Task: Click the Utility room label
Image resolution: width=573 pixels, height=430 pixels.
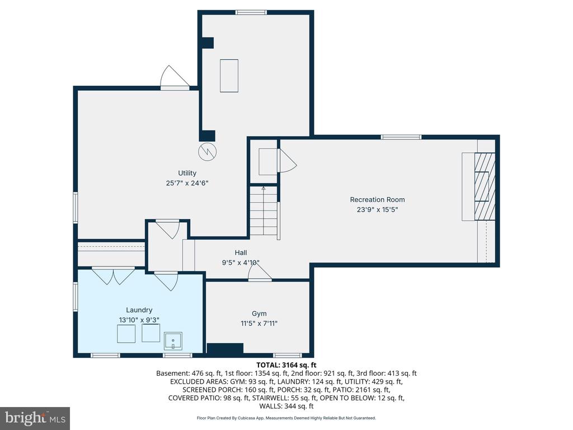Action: tap(187, 173)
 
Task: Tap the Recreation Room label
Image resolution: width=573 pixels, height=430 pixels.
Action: tap(377, 200)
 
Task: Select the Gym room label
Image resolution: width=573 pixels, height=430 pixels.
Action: tap(259, 314)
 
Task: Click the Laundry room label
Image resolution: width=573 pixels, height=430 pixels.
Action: tap(139, 310)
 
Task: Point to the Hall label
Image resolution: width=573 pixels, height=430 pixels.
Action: tap(241, 253)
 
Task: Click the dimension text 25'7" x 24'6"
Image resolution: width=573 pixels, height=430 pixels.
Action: tap(187, 183)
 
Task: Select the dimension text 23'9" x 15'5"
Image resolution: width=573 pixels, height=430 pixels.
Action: tap(377, 209)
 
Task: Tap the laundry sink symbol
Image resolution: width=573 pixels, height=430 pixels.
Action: tap(173, 341)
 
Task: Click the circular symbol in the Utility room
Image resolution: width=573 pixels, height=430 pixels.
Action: tap(207, 151)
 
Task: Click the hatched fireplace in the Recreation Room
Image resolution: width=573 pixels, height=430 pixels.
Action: tap(485, 186)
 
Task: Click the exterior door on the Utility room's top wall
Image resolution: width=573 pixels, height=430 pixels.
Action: tap(175, 77)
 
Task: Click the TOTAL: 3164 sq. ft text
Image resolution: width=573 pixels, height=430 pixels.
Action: tap(286, 364)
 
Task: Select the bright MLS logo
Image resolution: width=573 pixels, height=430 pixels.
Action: tap(35, 418)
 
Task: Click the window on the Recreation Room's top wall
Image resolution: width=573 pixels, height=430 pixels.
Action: tap(401, 137)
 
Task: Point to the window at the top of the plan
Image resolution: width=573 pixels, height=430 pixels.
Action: tap(251, 12)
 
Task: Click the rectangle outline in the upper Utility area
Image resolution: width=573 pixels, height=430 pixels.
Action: tap(229, 76)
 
